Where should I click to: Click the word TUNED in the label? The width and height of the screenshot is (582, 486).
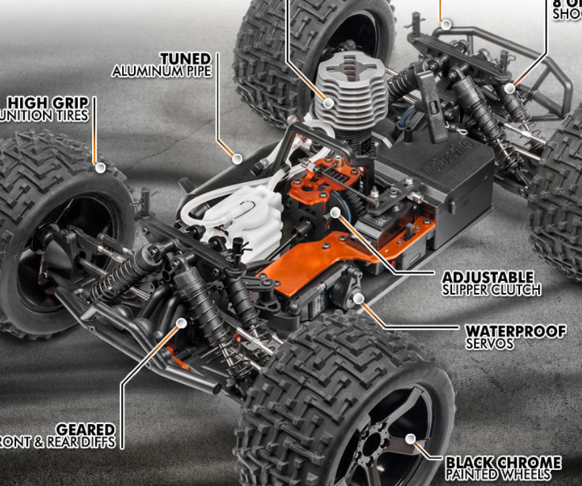click(185, 59)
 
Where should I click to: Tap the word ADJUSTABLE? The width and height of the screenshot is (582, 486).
click(488, 276)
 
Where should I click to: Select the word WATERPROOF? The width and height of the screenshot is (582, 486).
click(516, 331)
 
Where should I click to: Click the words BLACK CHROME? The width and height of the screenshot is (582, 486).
click(503, 462)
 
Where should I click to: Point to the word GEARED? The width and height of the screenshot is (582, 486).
click(85, 429)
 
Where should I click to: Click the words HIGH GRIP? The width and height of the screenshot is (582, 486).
click(48, 103)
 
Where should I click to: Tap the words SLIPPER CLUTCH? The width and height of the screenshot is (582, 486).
click(491, 290)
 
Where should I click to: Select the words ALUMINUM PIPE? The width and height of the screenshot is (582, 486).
click(161, 71)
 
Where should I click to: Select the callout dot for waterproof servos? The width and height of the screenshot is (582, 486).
click(358, 298)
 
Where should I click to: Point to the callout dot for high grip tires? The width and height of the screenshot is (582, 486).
click(100, 168)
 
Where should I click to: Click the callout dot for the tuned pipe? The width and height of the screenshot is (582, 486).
click(237, 159)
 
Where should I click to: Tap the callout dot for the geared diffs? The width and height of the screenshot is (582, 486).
click(181, 323)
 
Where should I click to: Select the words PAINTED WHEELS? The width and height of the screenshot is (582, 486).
click(498, 475)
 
